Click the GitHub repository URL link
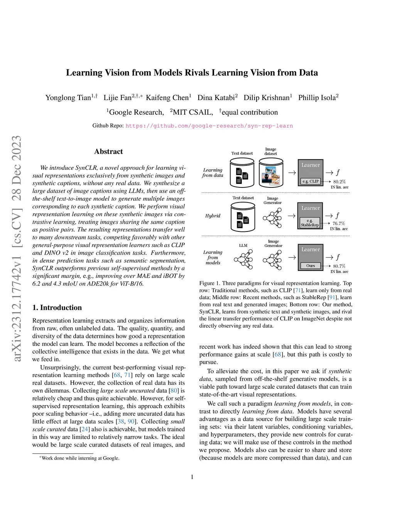pos(209,126)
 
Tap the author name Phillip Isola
pos(317,98)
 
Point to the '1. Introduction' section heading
pos(57,308)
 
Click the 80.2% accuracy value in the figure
pos(339,182)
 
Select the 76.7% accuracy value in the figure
pos(339,223)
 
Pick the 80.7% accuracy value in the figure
pos(339,266)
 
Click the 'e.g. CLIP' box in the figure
pos(311,181)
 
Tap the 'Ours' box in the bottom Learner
pos(311,266)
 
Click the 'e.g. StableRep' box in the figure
pos(310,223)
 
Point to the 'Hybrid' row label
pos(213,216)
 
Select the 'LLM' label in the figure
pos(243,245)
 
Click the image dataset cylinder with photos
pos(271,174)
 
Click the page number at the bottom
pos(192,477)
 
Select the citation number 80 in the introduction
pos(174,391)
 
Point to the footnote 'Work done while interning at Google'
pos(80,458)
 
